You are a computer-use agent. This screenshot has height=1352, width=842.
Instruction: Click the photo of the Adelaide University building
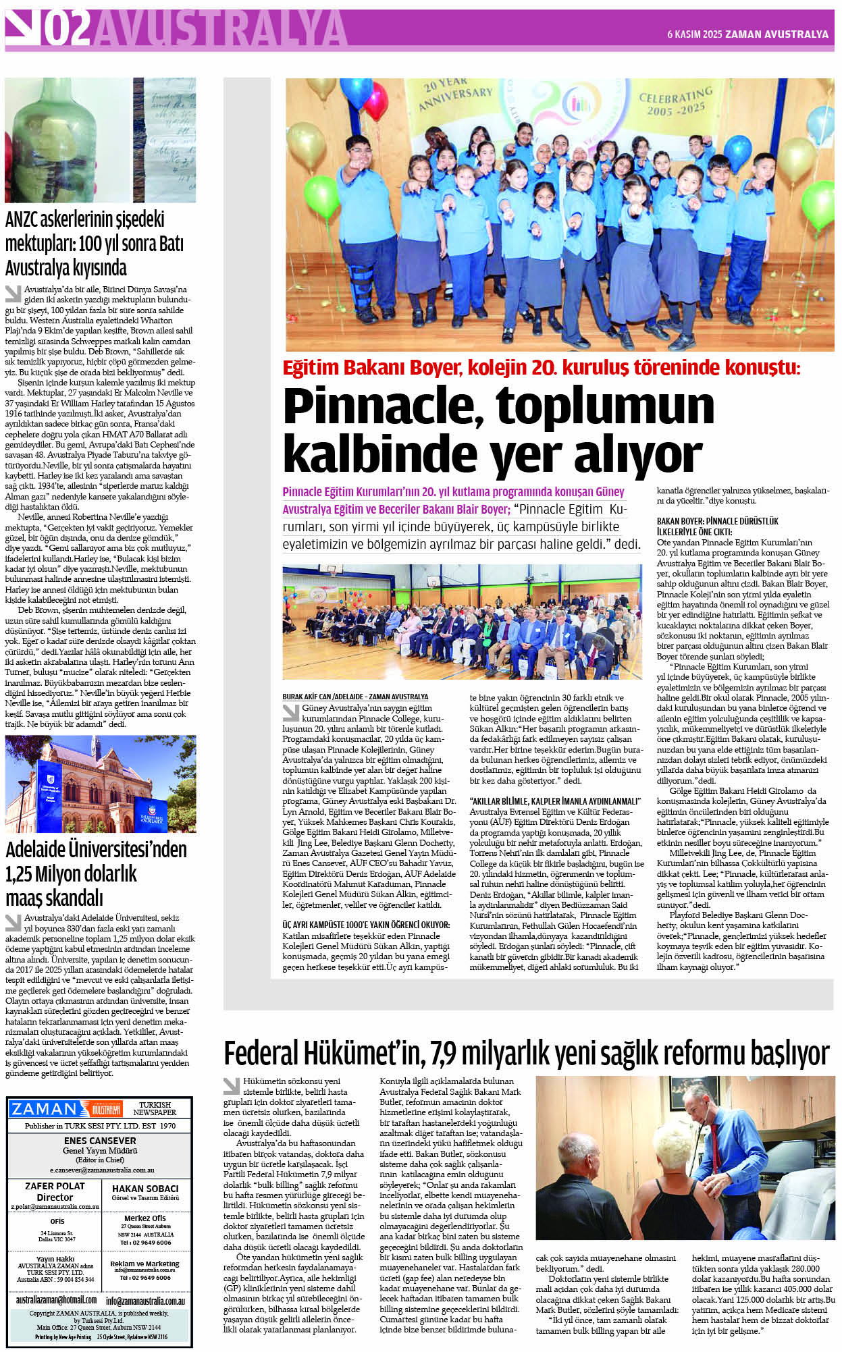coord(100,784)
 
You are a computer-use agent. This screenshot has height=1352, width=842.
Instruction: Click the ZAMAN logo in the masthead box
coord(45,1109)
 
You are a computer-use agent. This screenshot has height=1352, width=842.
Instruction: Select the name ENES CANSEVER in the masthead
coord(100,1141)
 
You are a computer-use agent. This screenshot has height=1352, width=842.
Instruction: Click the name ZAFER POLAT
coord(55,1186)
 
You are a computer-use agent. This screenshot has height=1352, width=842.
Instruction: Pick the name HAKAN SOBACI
coord(145,1189)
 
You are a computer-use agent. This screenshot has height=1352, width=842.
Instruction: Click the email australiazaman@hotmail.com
coord(56,1299)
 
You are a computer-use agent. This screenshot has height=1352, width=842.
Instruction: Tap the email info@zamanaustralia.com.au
coord(145,1301)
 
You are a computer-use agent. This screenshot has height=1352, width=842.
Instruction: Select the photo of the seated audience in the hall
coord(462,621)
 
